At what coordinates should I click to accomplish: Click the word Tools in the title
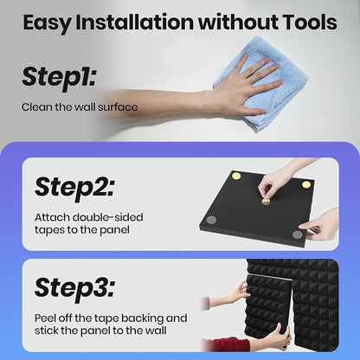tap(310, 22)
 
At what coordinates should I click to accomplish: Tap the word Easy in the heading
tap(46, 23)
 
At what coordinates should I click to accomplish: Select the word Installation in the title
tap(134, 22)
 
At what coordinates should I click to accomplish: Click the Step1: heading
tap(59, 77)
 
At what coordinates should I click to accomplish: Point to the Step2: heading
tap(74, 187)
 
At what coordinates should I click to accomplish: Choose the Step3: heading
tap(74, 287)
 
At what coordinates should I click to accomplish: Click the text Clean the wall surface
tap(80, 107)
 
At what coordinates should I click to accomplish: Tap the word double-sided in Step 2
tap(107, 217)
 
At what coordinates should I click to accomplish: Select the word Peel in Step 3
tap(45, 318)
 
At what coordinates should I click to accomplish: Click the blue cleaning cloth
tap(260, 83)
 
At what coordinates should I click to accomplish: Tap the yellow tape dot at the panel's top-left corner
tap(236, 176)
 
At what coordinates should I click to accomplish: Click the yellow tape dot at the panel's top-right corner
tap(306, 184)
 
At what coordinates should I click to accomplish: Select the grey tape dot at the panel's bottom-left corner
tap(211, 220)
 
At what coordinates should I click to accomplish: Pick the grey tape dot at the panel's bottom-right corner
tap(298, 235)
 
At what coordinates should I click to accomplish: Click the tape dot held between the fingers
tap(266, 202)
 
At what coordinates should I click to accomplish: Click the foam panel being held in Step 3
tap(268, 306)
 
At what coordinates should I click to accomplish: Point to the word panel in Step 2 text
tap(114, 230)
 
